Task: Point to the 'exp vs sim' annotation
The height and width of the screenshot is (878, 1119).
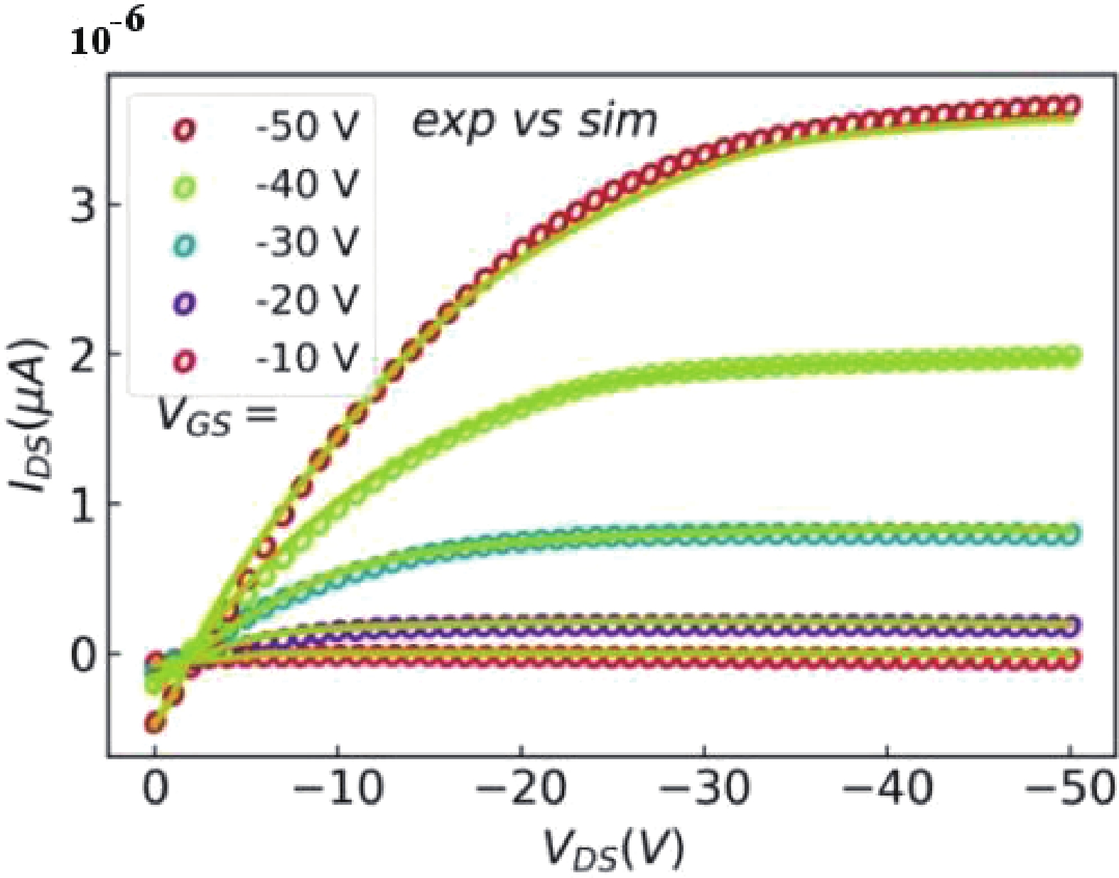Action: pos(534,121)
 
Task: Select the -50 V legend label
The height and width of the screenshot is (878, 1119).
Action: pos(307,128)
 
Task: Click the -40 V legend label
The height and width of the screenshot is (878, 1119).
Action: pos(307,186)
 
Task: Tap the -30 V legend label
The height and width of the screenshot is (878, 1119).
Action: pos(307,243)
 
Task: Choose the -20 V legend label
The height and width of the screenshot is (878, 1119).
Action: pos(307,301)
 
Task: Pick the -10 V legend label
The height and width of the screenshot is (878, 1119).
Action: pos(307,358)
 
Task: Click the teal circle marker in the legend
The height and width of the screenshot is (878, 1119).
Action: pos(185,246)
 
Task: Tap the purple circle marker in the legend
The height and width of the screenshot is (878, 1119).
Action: pos(185,304)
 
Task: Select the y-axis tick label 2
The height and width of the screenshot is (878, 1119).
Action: pos(83,355)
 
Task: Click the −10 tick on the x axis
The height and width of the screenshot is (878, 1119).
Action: pos(338,788)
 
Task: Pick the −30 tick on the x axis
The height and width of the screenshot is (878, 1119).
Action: pos(704,788)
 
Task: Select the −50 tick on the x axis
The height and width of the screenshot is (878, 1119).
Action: pos(1070,788)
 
